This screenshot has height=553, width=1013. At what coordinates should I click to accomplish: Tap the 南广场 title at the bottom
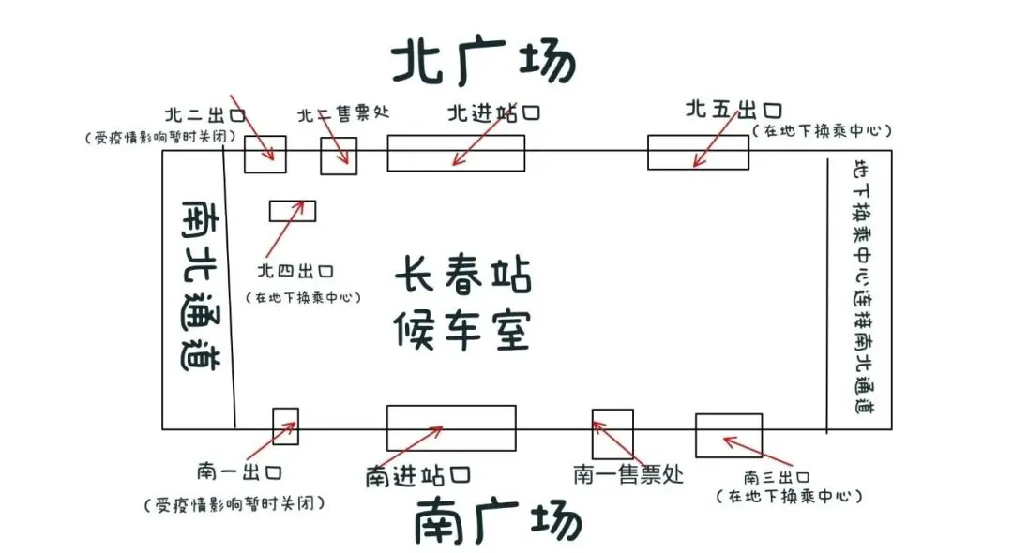tap(497, 521)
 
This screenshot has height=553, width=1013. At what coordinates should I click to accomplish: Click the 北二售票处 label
tap(343, 114)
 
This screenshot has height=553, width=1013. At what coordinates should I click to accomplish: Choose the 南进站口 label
tap(418, 475)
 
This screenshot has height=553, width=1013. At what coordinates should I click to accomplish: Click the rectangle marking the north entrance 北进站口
tap(456, 153)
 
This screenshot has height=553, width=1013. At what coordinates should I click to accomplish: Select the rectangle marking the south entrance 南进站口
tap(451, 428)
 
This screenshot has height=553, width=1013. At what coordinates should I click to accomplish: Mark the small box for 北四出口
tap(293, 211)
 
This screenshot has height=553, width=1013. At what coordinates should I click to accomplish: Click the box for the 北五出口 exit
tap(698, 153)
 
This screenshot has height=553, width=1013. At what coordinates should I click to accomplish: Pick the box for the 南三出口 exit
tap(728, 435)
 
